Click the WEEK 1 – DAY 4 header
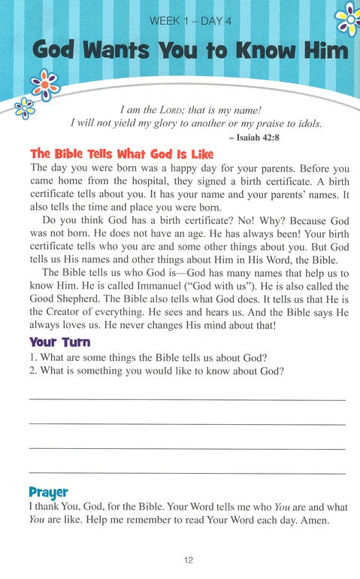[180, 20]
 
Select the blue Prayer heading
[48, 493]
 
